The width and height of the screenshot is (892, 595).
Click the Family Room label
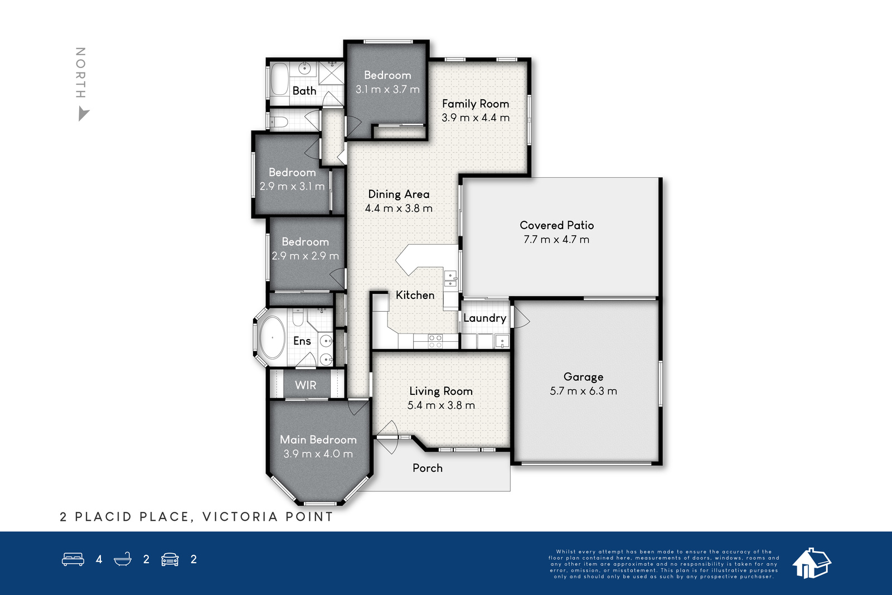point(476,104)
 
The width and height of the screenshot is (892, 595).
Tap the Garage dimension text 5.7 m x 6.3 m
point(583,391)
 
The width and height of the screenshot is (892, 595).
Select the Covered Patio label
point(557,225)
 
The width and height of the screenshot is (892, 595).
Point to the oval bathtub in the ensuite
point(273,338)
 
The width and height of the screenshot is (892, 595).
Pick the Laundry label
point(484,318)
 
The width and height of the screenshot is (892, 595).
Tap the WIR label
point(306,385)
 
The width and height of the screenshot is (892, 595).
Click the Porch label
point(428,468)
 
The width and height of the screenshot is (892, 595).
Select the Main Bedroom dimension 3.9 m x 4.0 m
point(318,453)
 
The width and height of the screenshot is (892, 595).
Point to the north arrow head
point(83,114)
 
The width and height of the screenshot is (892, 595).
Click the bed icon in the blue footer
point(73,559)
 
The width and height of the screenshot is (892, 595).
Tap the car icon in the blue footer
point(170,559)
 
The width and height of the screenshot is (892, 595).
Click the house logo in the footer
point(811,563)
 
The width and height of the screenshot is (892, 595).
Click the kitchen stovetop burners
point(435,341)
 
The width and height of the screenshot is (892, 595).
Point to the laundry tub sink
point(502,341)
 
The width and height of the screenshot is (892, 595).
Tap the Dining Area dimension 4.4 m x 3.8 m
point(399,209)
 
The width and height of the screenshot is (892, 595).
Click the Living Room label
point(441,391)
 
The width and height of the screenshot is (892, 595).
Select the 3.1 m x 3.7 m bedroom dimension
point(387,89)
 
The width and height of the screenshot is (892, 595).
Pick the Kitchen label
point(415,295)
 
